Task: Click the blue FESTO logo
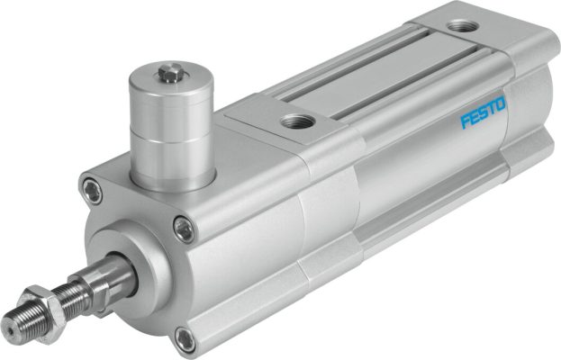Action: (x=483, y=114)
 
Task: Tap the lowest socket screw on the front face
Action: (x=185, y=339)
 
